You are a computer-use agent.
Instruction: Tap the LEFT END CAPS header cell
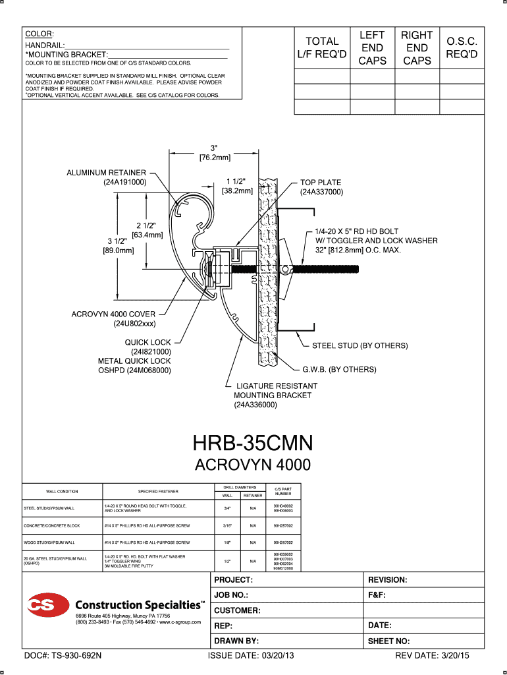372,47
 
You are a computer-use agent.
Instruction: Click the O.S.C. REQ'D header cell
462,47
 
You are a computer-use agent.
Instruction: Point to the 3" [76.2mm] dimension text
215,152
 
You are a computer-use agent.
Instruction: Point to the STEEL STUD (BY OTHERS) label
360,345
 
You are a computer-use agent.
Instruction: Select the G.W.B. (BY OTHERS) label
339,370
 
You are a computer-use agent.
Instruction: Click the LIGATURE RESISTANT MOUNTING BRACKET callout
273,395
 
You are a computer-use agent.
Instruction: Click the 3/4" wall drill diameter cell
227,508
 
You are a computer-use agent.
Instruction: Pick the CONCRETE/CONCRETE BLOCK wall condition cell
52,525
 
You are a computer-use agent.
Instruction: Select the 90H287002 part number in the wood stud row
283,542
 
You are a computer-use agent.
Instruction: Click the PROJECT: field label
234,580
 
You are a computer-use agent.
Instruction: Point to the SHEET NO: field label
389,641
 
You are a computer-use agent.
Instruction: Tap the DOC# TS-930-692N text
63,657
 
